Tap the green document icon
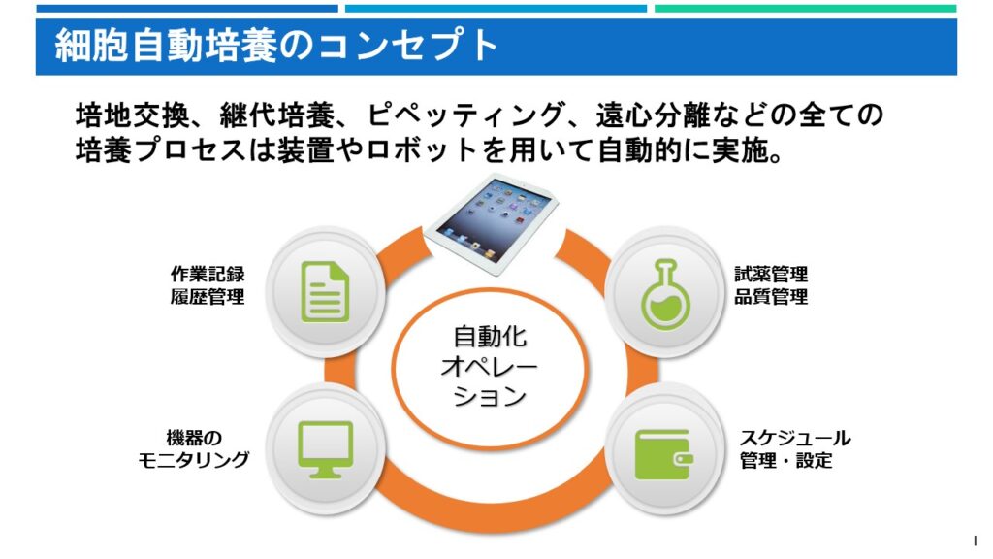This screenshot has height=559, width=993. pos(326,291)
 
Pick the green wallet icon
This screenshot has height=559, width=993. pos(663,454)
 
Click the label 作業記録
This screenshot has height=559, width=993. pos(208,274)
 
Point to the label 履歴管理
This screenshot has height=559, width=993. pos(208,296)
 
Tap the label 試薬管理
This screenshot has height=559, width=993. pos(771,274)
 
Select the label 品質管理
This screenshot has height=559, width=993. pos(771,296)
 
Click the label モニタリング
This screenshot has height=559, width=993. pos(194,459)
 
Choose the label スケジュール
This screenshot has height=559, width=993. pos(795,438)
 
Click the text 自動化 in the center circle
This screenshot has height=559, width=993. pos(490,337)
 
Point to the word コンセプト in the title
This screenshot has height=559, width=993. pos(408,46)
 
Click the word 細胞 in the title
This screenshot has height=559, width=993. pos(92,46)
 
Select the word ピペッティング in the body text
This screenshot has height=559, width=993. pos(465,115)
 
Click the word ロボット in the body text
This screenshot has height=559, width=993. pos(422,150)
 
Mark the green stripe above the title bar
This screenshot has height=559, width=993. pos(805,9)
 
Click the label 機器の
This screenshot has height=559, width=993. pos(194,438)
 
